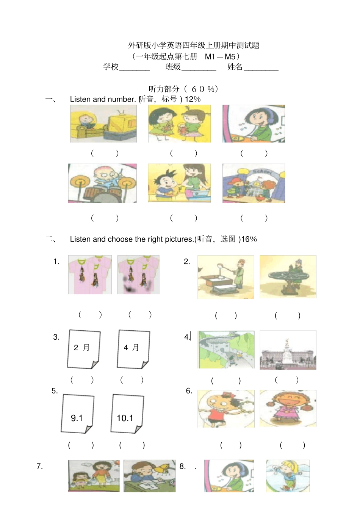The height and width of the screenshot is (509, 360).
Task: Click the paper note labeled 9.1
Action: point(78,414)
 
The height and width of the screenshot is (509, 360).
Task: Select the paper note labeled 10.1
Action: point(127,414)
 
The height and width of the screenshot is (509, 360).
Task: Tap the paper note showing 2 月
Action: point(84,349)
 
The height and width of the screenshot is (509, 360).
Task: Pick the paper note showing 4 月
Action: point(133,349)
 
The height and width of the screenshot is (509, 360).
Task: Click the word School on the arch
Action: point(265,172)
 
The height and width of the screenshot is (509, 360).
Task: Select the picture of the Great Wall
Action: point(226,350)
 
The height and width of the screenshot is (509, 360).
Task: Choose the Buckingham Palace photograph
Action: point(288,350)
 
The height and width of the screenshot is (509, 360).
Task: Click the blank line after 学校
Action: point(135,70)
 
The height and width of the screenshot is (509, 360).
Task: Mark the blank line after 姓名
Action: point(261,70)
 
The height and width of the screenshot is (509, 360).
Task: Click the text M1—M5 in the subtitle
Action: point(220,56)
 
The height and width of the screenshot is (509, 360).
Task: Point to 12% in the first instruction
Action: point(193,99)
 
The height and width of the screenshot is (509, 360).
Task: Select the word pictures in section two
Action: point(179,239)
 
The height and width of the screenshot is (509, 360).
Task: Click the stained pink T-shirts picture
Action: point(138,275)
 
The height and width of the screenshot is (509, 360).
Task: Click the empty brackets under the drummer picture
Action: point(105,218)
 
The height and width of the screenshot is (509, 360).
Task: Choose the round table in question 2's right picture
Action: point(288,281)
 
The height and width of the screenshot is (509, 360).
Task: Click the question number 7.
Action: point(39,466)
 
